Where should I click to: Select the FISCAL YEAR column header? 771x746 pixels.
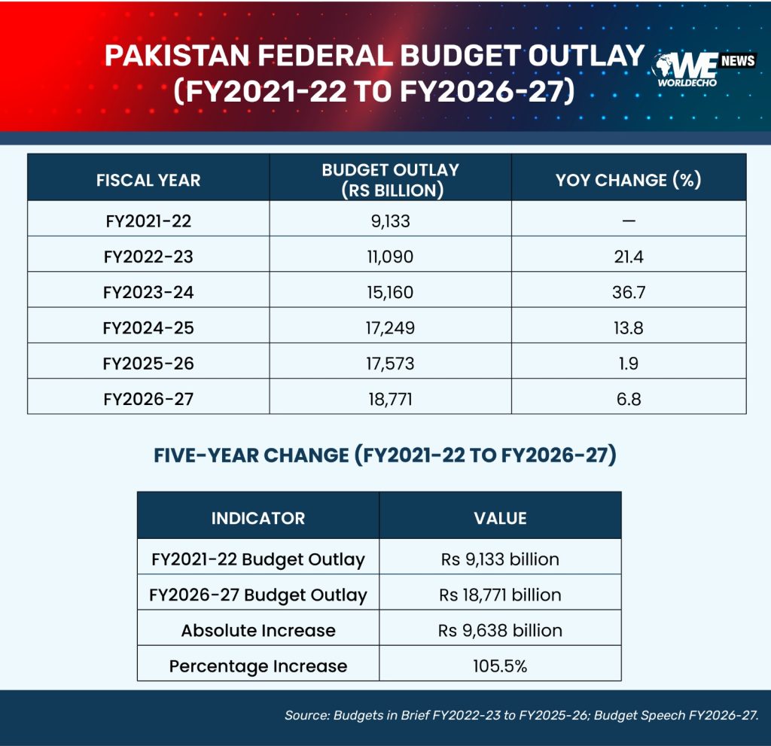[148, 181]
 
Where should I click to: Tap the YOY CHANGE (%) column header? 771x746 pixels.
[629, 180]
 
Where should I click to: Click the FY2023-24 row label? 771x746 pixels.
[148, 293]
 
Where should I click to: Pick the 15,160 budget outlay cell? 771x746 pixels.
[391, 293]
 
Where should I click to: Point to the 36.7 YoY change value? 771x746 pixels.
[629, 293]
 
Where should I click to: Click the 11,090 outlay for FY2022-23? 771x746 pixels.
[391, 257]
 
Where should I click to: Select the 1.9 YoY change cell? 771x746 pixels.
[629, 364]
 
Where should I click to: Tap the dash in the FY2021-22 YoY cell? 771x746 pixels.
[629, 221]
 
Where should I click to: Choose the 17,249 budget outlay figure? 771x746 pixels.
[391, 328]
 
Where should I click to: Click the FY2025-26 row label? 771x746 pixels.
[148, 364]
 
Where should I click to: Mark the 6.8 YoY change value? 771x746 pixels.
[629, 399]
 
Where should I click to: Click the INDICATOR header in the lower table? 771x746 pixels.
[258, 519]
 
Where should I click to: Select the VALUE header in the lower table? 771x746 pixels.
[500, 519]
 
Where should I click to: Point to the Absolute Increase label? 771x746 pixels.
[258, 630]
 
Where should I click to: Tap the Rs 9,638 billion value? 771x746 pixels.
[500, 630]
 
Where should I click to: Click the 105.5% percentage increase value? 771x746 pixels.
[500, 666]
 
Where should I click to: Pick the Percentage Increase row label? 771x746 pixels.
[258, 666]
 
